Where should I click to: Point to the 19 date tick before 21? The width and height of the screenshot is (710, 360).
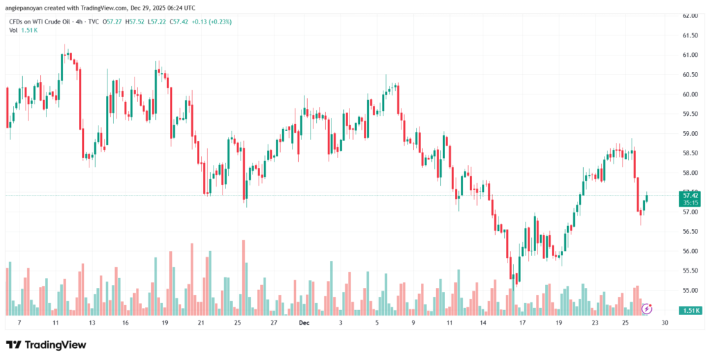point(164,323)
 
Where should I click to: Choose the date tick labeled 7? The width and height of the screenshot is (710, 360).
point(19,323)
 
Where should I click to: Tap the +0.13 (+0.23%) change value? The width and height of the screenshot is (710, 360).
point(213,22)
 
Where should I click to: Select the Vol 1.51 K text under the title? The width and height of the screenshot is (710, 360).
point(24,32)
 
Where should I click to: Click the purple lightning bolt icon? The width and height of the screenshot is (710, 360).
point(646,308)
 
